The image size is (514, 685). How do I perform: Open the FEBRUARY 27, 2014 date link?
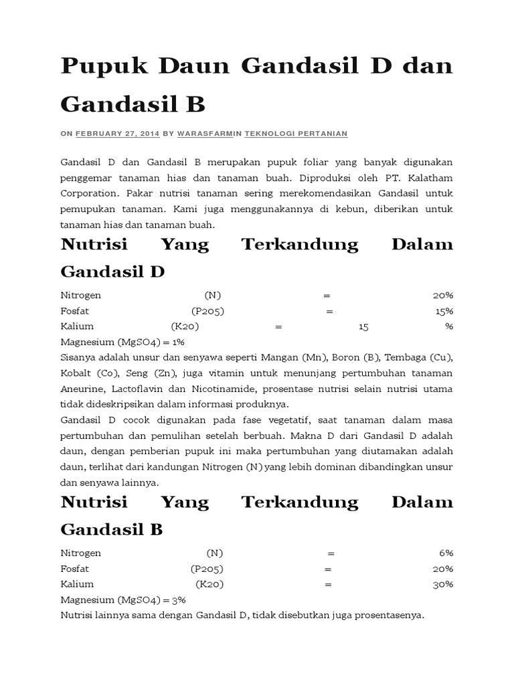pos(117,134)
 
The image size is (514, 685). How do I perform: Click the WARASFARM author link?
pos(204,134)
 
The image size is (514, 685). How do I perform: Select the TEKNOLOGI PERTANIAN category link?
pos(296,134)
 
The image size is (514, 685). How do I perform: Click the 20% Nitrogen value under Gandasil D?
pos(442,295)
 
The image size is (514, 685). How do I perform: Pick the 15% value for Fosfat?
pos(444,311)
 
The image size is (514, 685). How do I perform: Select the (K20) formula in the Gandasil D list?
pos(185,326)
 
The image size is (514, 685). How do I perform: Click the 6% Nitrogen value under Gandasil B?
pos(446,553)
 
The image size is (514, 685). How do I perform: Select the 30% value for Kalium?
pos(442,584)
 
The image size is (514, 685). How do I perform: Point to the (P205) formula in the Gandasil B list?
pos(207,569)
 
